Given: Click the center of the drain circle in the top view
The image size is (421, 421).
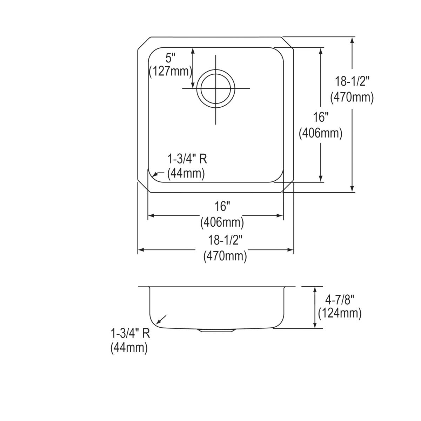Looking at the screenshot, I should pos(215,88).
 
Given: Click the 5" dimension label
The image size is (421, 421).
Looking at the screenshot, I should pos(170,58).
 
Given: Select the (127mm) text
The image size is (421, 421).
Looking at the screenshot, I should pos(170,72).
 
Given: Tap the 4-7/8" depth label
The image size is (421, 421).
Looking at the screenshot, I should pos(340,299).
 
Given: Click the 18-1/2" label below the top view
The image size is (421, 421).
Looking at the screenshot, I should pos(225,241).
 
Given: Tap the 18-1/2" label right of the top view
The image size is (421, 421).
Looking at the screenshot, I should pos(352,82).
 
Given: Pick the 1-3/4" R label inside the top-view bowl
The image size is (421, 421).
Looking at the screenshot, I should pos(187,160).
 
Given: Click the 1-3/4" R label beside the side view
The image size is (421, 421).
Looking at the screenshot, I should pos(130,333).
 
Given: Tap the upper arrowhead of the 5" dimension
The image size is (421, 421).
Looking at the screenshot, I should pos(193,51).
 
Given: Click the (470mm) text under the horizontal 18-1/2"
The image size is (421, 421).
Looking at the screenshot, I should pos(225,256).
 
